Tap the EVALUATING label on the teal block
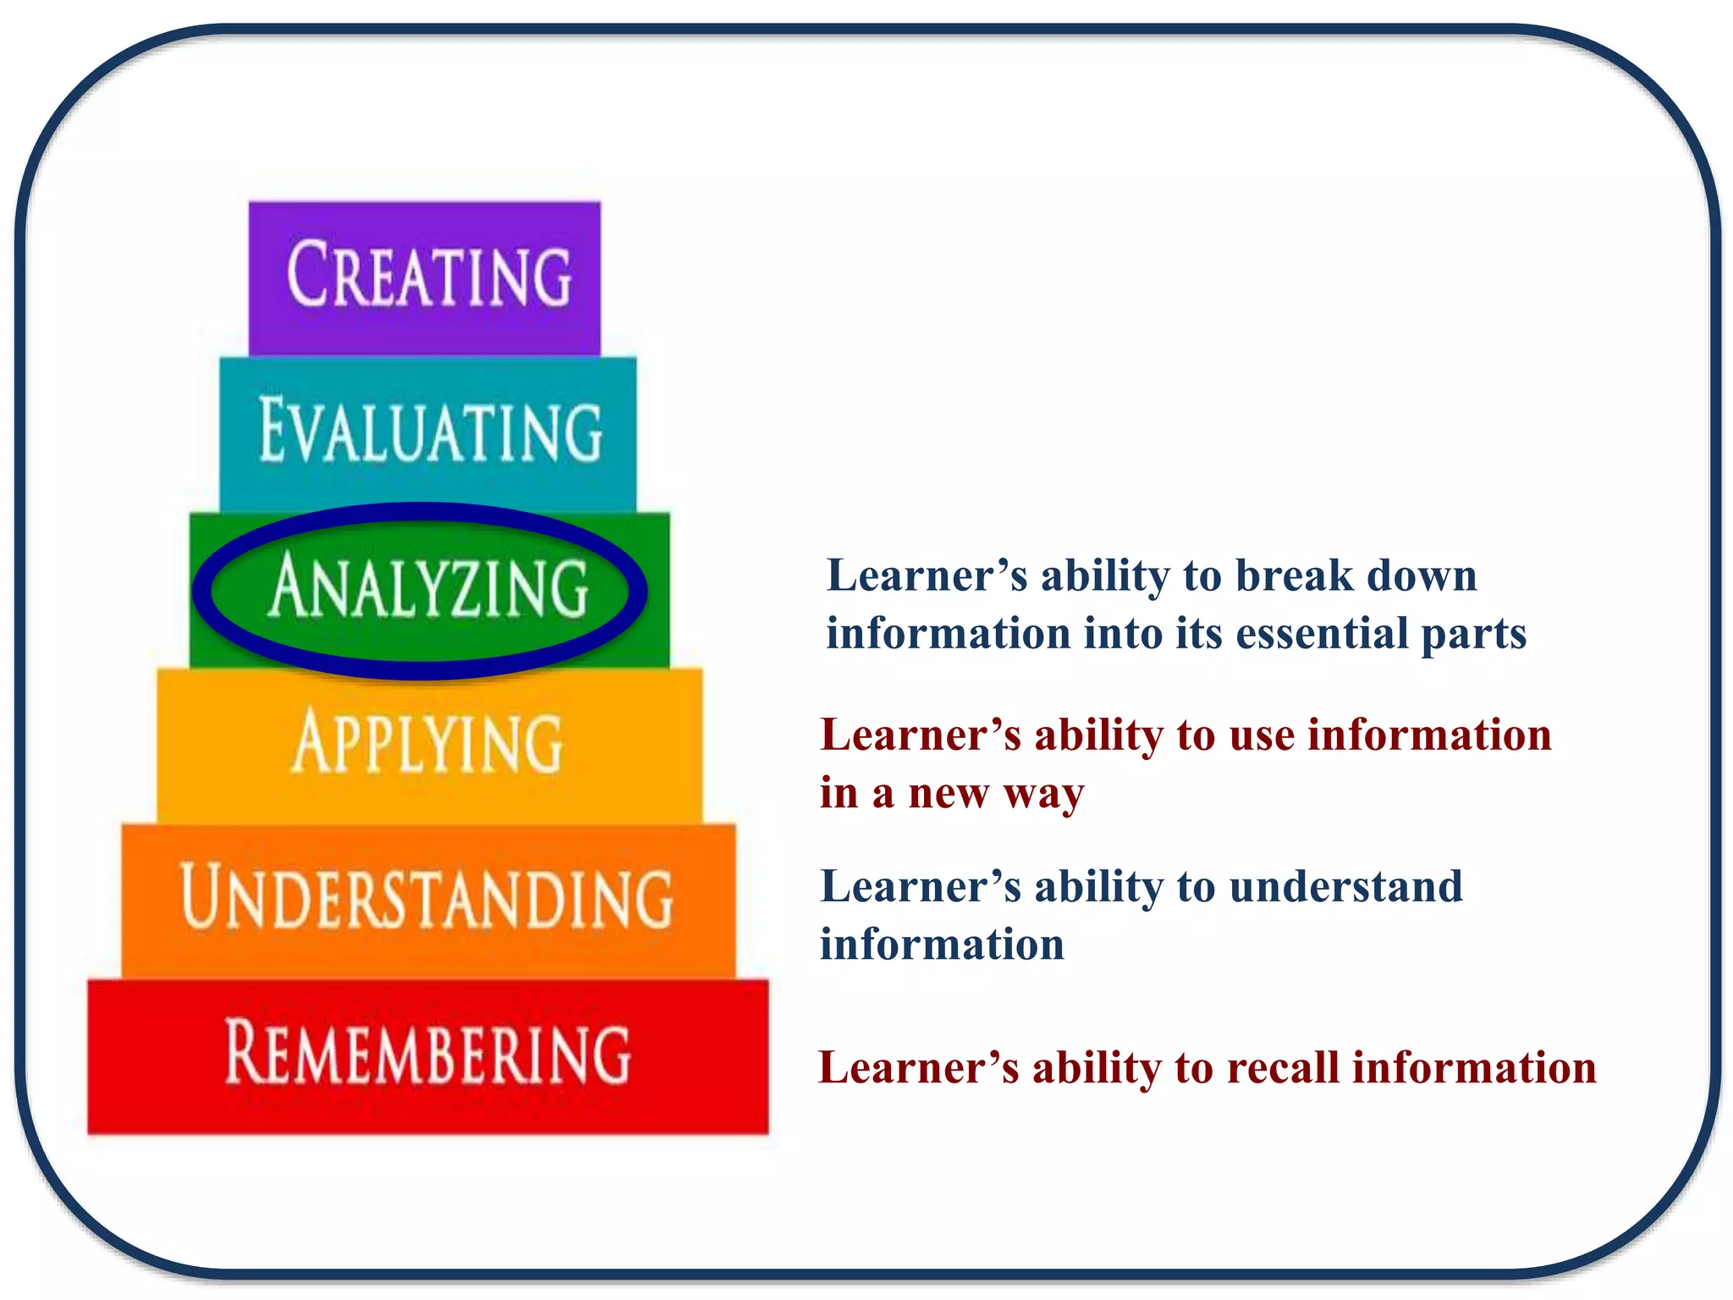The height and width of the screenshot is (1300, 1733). click(430, 431)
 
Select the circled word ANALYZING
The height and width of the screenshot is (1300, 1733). click(429, 587)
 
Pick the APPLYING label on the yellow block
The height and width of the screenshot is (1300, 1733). click(427, 743)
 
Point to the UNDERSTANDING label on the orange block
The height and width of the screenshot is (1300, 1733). click(427, 897)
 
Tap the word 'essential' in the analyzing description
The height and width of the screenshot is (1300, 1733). click(1321, 634)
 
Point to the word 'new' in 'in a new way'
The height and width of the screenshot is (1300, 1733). click(948, 794)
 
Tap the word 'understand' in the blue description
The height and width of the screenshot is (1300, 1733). click(1345, 888)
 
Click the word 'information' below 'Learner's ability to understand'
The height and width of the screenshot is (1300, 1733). click(942, 945)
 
